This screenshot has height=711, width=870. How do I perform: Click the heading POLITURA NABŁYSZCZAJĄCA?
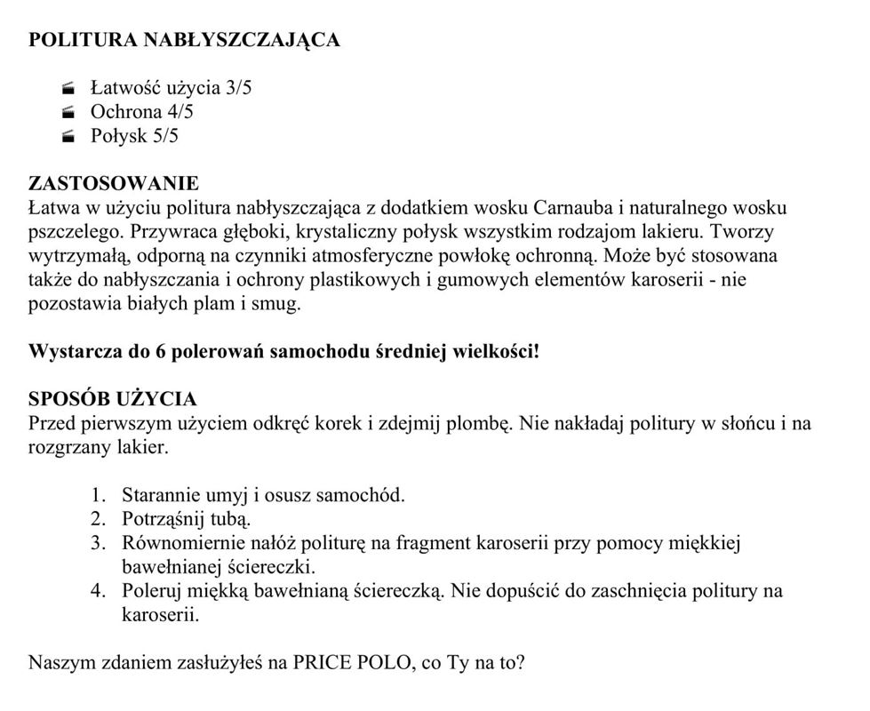coord(184,40)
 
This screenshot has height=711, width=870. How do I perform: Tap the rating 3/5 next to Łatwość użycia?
coord(238,88)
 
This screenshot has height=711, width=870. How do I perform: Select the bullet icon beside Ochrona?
coord(68,113)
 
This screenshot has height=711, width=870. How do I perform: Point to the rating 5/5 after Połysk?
coord(163,136)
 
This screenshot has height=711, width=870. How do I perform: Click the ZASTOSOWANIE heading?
coord(114,184)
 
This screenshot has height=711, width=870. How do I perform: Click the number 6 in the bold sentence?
coord(162,351)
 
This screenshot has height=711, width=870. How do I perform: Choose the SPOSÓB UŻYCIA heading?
coord(113,399)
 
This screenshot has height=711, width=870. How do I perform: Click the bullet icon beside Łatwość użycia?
coord(68,89)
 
